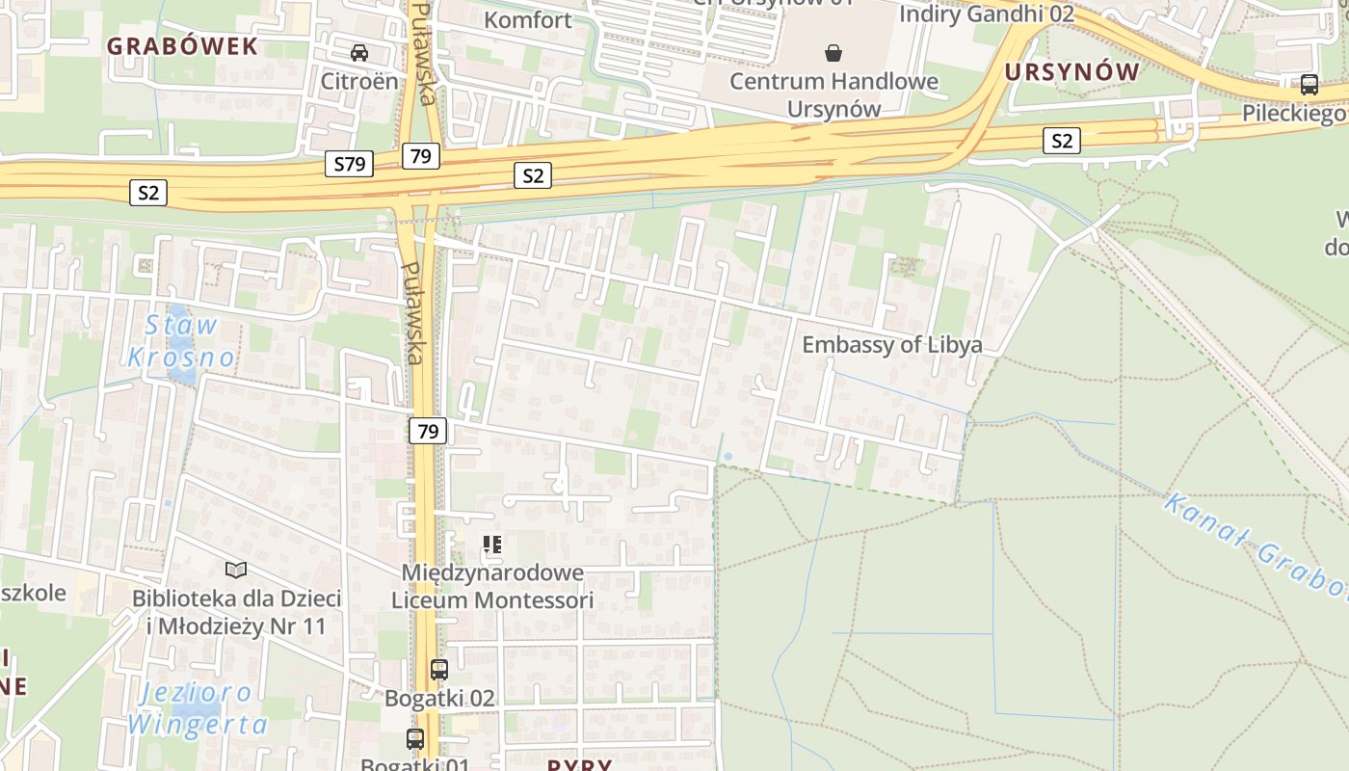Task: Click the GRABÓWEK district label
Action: [182, 46]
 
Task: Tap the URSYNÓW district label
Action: [1071, 72]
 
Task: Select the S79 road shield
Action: [349, 164]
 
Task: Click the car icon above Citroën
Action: [359, 52]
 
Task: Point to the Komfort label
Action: [527, 19]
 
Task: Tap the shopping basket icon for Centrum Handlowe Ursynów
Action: [833, 52]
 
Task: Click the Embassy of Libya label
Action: [892, 345]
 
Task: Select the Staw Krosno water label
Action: [181, 341]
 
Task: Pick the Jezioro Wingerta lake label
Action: [197, 708]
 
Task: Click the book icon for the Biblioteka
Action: [236, 570]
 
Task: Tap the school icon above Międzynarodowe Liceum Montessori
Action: [492, 545]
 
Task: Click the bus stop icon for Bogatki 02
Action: [439, 669]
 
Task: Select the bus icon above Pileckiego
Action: [1309, 84]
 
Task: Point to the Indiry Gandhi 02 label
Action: [986, 13]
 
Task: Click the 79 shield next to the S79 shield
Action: [420, 156]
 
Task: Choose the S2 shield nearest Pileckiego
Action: [1061, 142]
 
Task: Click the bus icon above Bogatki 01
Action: [415, 739]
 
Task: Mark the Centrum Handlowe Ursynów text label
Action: [833, 94]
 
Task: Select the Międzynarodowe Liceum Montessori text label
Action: [492, 586]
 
